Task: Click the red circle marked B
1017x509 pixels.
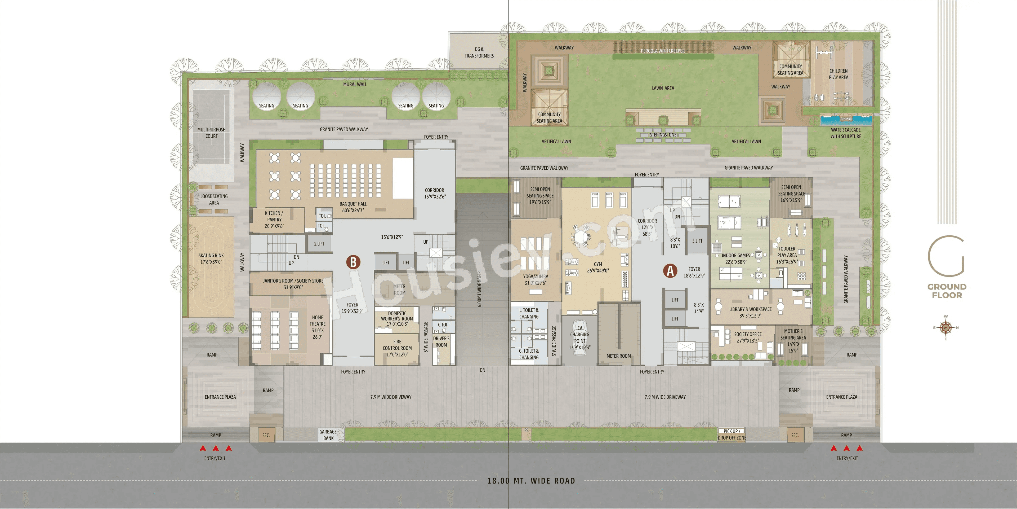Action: [353, 262]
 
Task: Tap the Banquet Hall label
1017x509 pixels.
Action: [353, 207]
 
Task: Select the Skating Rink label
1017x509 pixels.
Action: [211, 258]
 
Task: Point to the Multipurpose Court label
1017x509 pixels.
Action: [211, 133]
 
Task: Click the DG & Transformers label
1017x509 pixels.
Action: [479, 52]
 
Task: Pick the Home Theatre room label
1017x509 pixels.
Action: [318, 327]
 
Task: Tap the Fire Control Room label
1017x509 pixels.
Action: [397, 348]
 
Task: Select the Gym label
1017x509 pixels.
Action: [598, 267]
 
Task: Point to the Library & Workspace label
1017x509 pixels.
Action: [750, 312]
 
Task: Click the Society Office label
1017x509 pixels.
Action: [748, 337]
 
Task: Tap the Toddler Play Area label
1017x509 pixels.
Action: [787, 255]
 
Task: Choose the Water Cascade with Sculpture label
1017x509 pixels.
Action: [846, 133]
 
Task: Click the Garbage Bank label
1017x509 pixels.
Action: [328, 435]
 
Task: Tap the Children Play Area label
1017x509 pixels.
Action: [838, 74]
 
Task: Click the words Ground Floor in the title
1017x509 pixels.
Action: [947, 291]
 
